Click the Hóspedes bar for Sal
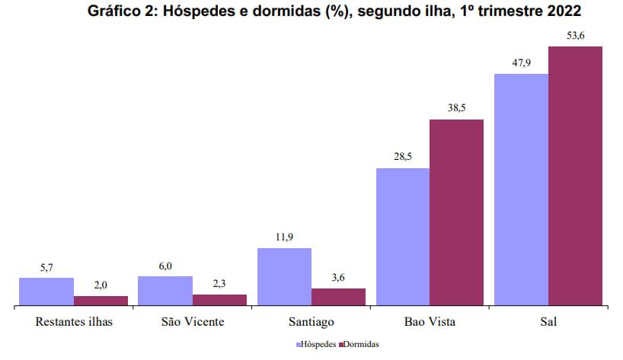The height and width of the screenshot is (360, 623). pyautogui.click(x=521, y=190)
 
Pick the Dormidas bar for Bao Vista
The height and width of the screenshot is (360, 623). pyautogui.click(x=457, y=213)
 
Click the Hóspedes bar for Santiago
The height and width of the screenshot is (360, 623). pyautogui.click(x=284, y=277)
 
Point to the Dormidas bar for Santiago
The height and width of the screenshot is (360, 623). pyautogui.click(x=338, y=298)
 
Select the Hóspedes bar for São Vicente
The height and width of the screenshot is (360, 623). pyautogui.click(x=165, y=292)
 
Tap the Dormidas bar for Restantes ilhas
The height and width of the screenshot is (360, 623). pyautogui.click(x=101, y=301)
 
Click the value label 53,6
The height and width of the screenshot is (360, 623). pyautogui.click(x=575, y=36)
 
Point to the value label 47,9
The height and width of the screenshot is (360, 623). pyautogui.click(x=521, y=63)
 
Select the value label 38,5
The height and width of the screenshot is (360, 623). pyautogui.click(x=457, y=108)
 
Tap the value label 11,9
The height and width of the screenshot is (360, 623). pyautogui.click(x=284, y=237)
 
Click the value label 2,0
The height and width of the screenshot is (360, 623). pyautogui.click(x=101, y=285)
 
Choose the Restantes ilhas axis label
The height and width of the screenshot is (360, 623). pyautogui.click(x=74, y=321)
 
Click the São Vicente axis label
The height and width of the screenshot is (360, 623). pyautogui.click(x=193, y=321)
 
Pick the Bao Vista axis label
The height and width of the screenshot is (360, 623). pyautogui.click(x=430, y=321)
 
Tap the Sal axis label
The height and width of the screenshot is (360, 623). pyautogui.click(x=548, y=321)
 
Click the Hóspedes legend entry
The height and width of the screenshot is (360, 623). pyautogui.click(x=315, y=344)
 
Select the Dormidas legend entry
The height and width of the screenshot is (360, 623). pyautogui.click(x=359, y=344)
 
